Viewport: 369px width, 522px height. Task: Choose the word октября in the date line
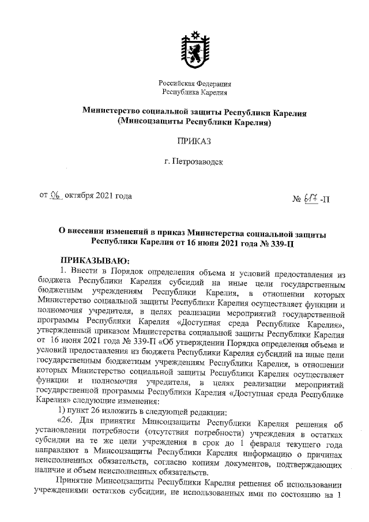(80, 196)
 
